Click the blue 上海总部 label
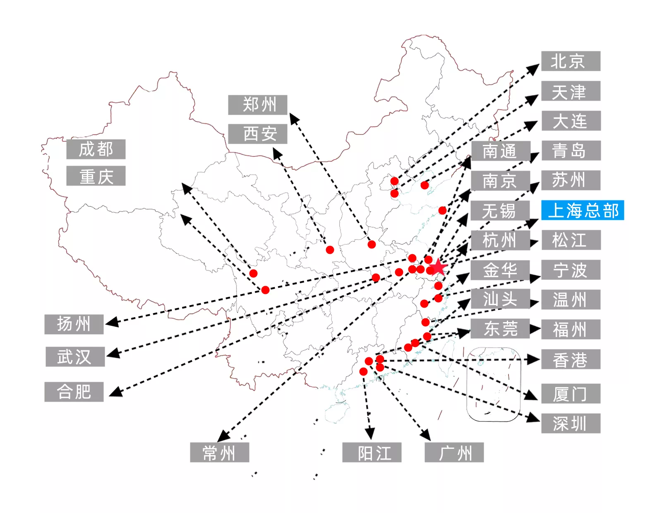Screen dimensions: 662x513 click(x=582, y=210)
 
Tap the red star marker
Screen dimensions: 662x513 click(x=439, y=267)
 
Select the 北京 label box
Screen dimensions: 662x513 click(x=570, y=61)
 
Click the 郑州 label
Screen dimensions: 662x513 click(x=257, y=105)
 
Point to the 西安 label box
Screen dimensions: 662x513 click(x=257, y=134)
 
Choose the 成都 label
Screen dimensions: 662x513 click(x=96, y=149)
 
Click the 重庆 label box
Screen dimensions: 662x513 click(x=96, y=176)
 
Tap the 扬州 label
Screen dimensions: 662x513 click(x=74, y=324)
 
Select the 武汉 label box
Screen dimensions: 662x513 click(x=75, y=356)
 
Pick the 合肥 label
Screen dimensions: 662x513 click(x=74, y=392)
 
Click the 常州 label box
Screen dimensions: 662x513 click(x=219, y=452)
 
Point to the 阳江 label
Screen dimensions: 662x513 click(x=372, y=452)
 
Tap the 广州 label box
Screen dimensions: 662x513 click(x=454, y=452)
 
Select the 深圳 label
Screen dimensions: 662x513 click(x=571, y=423)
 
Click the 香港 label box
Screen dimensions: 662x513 click(x=571, y=359)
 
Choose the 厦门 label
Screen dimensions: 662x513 click(x=571, y=393)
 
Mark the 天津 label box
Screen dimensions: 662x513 click(x=571, y=91)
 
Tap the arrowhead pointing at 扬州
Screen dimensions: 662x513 click(x=112, y=322)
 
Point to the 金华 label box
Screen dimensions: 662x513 click(x=500, y=270)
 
